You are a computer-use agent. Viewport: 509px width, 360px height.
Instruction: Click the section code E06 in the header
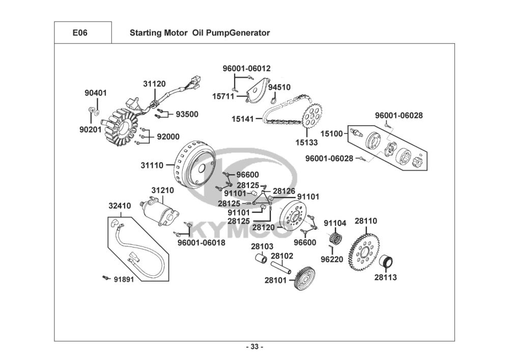[x=82, y=33]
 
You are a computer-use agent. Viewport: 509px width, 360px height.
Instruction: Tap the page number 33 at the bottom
[x=254, y=347]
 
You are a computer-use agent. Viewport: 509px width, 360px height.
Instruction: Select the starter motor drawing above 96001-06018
[x=162, y=212]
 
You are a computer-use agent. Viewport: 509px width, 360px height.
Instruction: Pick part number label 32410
[x=120, y=206]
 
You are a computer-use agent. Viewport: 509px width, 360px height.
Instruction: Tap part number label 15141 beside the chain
[x=243, y=119]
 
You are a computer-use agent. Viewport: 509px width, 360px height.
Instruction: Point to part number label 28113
[x=385, y=278]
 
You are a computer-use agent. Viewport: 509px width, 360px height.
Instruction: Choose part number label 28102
[x=281, y=256]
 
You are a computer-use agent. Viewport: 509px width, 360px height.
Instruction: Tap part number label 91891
[x=124, y=279]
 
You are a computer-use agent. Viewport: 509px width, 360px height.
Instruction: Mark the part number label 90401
[x=95, y=93]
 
